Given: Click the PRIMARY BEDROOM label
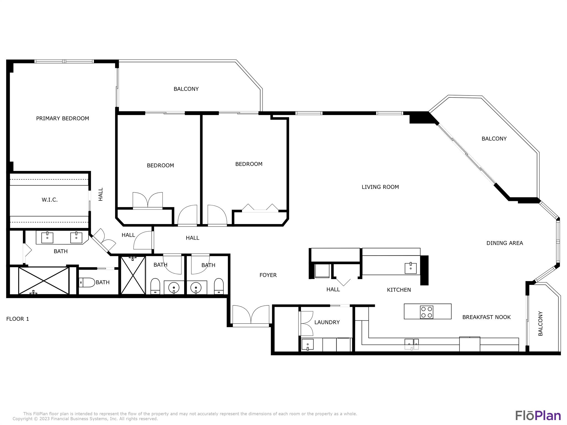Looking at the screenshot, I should pos(63,118).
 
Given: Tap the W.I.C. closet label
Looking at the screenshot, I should pos(50,200).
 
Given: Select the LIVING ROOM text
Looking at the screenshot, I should pos(380,187).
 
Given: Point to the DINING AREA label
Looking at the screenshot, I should pos(504,243).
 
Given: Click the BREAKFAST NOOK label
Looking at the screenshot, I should pos(486,317).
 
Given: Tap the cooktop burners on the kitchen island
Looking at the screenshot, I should pos(426,312).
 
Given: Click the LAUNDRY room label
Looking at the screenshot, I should pos(327,322).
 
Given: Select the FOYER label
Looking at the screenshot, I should pos(268,275).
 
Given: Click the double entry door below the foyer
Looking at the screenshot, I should pos(251,315).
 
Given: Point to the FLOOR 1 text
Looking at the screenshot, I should pos(17,319).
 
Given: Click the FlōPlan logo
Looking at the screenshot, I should pos(538,416).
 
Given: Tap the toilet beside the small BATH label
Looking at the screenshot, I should pos(87,283).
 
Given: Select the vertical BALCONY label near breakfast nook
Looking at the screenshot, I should pos(540,323).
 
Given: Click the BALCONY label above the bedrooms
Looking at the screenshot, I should pos(186,89).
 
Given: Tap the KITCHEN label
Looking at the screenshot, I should pos(399,290).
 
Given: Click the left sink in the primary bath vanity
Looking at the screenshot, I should pos(47,238).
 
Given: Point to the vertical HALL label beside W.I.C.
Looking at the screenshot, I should pos(101,194).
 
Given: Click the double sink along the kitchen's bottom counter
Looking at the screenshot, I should pos(412,344).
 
